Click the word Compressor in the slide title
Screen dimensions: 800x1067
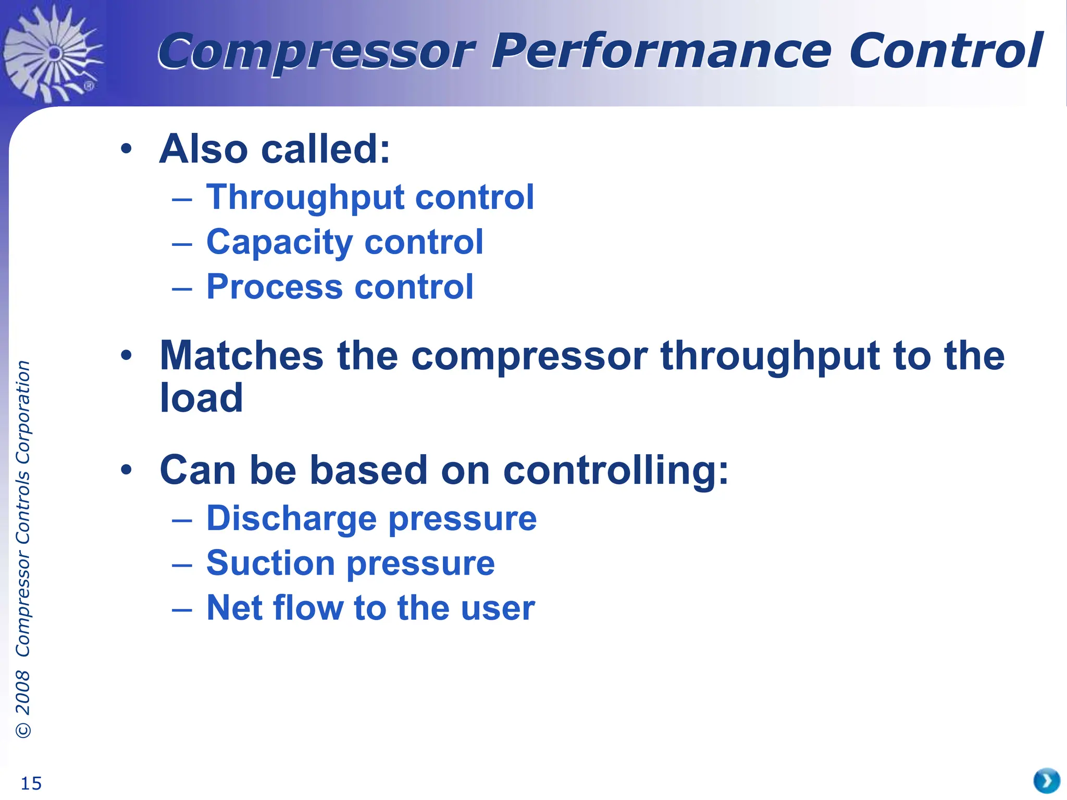pos(316,52)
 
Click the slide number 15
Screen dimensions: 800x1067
pos(31,783)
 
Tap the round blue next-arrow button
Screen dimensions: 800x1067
pos(1046,781)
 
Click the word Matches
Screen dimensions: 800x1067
pos(242,356)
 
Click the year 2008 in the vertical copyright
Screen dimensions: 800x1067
pos(23,692)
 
